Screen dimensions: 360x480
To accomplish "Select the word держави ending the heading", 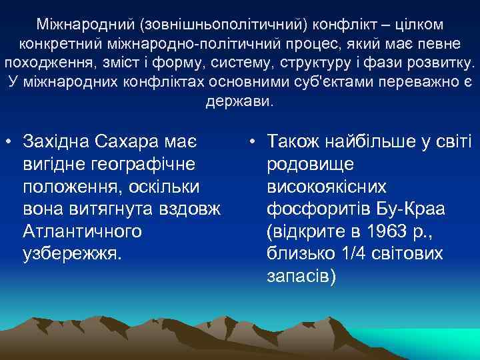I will (239, 103).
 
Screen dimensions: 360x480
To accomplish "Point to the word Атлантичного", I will (82, 231).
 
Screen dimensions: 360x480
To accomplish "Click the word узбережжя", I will (72, 253).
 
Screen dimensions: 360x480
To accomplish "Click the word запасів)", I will (299, 276).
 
